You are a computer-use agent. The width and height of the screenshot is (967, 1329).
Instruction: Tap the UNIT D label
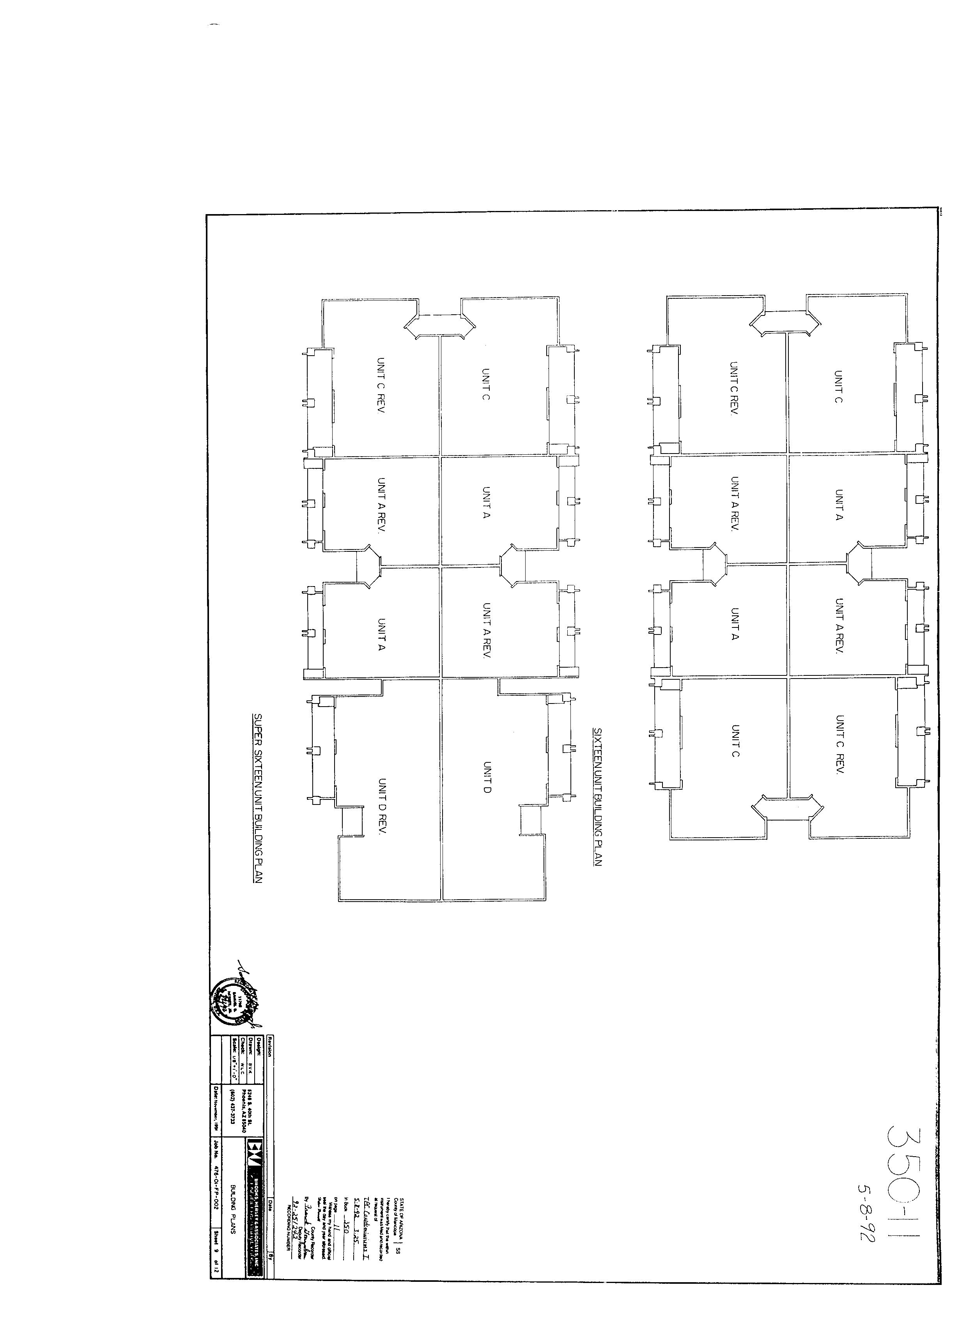(x=487, y=776)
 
